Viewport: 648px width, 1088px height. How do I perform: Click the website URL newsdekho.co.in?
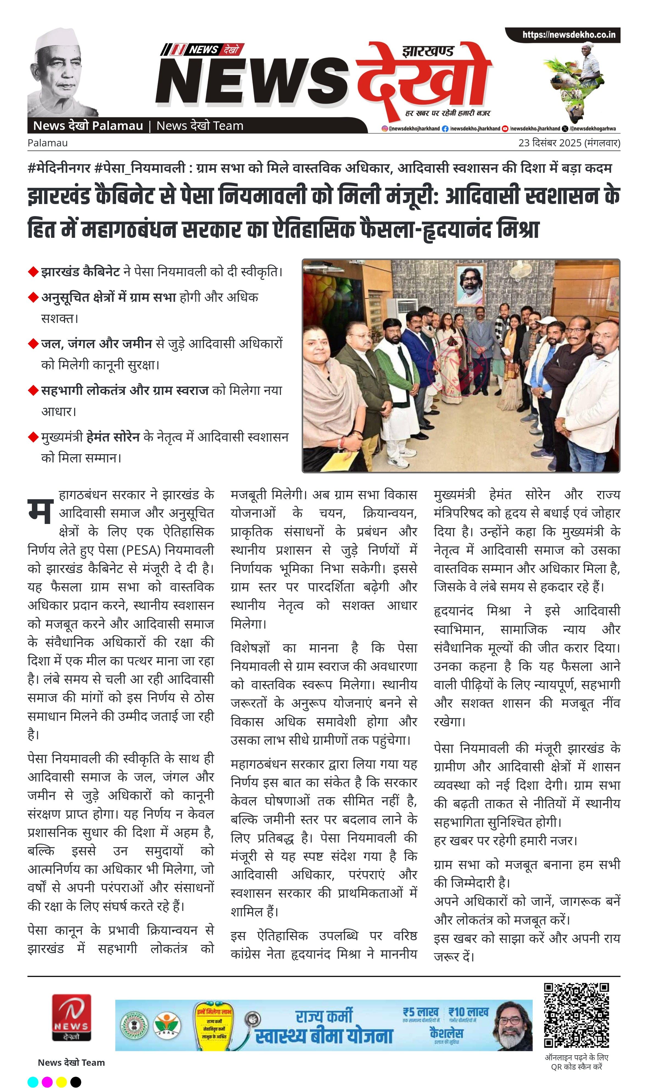(x=569, y=35)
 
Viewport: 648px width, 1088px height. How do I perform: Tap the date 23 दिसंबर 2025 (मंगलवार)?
(x=569, y=143)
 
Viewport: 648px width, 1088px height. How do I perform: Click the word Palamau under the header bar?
(x=48, y=143)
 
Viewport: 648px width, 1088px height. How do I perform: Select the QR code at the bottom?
(x=576, y=1015)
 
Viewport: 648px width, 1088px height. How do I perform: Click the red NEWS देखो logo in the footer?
(x=72, y=1018)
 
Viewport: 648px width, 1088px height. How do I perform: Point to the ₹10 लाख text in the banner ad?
(x=468, y=1012)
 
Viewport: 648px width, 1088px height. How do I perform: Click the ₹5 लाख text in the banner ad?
(x=420, y=1012)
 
